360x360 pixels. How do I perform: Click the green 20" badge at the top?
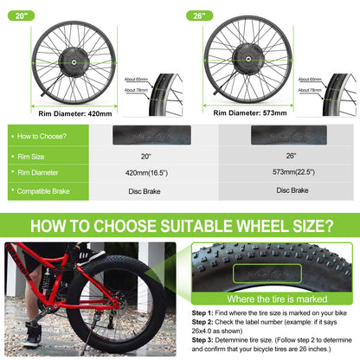[x=18, y=15]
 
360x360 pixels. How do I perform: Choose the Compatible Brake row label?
[x=51, y=190]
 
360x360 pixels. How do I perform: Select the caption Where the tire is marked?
[x=269, y=300]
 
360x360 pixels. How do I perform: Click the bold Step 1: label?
[x=204, y=312]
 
